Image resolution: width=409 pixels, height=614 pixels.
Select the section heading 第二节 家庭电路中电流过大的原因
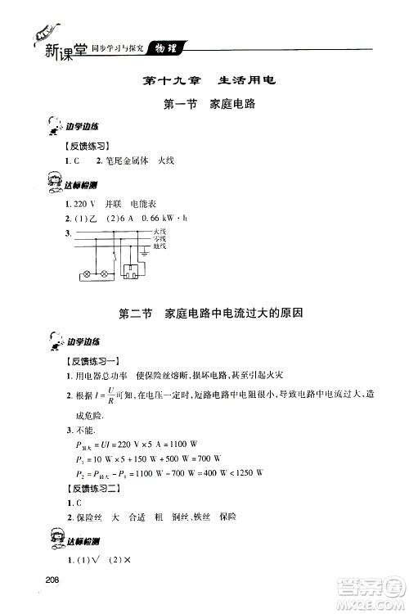pyautogui.click(x=204, y=313)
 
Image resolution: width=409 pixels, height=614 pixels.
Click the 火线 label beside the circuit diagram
pyautogui.click(x=160, y=233)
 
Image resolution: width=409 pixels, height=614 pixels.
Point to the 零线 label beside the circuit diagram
pyautogui.click(x=160, y=239)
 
